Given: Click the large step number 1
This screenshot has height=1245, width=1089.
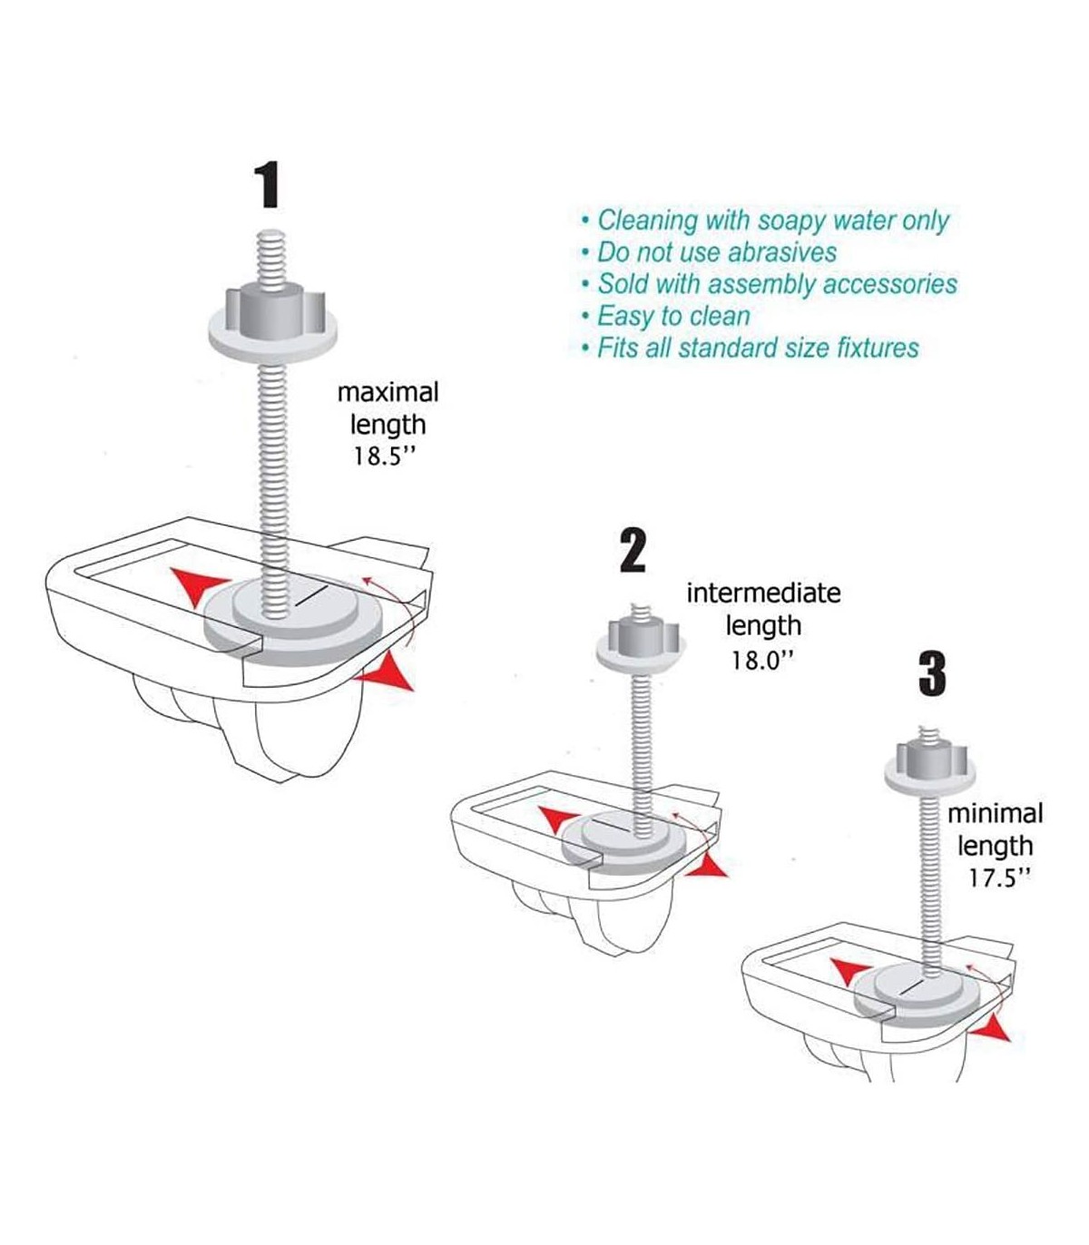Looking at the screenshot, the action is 268,184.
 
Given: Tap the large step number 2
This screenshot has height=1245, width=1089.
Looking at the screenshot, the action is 633,550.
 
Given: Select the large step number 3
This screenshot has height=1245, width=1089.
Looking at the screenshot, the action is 932,673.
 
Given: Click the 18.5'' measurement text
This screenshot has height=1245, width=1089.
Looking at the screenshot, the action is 387,456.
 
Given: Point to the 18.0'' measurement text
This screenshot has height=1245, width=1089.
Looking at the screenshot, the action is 763,661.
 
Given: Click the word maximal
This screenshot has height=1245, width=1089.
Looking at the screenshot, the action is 388,393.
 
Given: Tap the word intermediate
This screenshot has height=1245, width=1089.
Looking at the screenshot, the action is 763,593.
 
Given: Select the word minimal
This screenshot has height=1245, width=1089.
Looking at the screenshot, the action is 996,813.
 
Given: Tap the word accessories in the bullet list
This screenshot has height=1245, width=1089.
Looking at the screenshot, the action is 890,284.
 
